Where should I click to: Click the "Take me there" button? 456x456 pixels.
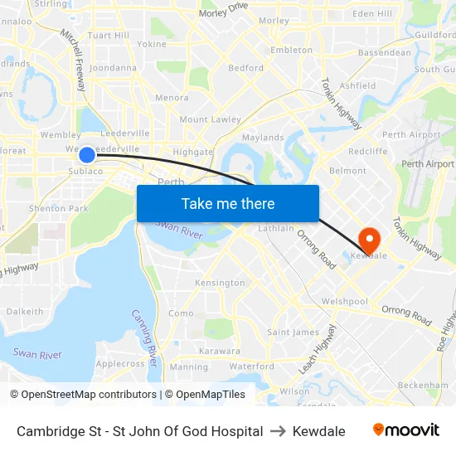pyautogui.click(x=228, y=204)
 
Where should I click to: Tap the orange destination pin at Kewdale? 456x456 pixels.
pyautogui.click(x=368, y=240)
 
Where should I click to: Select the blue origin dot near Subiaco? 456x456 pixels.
pyautogui.click(x=86, y=155)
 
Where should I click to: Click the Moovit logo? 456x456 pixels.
pyautogui.click(x=406, y=430)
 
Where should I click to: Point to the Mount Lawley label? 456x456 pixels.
pyautogui.click(x=210, y=119)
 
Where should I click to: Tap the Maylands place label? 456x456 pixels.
pyautogui.click(x=263, y=138)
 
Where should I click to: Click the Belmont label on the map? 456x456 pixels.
pyautogui.click(x=348, y=171)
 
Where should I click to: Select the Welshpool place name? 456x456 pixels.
pyautogui.click(x=345, y=301)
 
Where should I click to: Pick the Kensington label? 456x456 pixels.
pyautogui.click(x=220, y=283)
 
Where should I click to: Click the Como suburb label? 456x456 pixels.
pyautogui.click(x=181, y=313)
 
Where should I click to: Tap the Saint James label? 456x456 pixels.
pyautogui.click(x=293, y=332)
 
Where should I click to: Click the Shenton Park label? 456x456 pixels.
pyautogui.click(x=58, y=208)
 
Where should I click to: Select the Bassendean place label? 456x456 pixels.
pyautogui.click(x=384, y=52)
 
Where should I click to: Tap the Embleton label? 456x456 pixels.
pyautogui.click(x=292, y=50)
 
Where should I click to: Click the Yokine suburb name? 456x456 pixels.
pyautogui.click(x=152, y=44)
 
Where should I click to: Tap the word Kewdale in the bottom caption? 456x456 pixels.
pyautogui.click(x=319, y=431)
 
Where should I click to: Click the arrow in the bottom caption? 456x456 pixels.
pyautogui.click(x=278, y=431)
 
